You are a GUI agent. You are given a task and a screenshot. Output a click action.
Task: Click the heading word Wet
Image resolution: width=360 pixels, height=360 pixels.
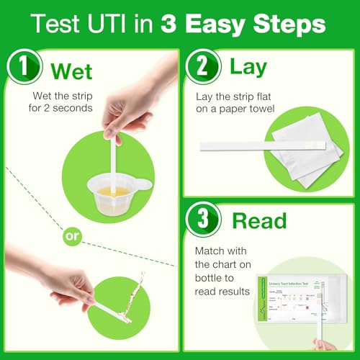[73, 72]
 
